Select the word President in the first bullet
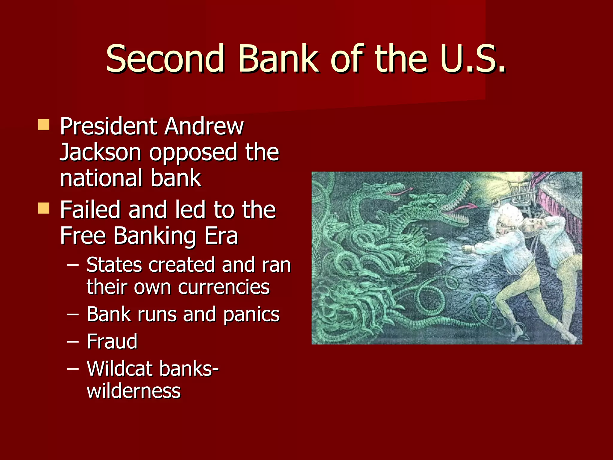pos(108,126)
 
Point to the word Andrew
pos(204,126)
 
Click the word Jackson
pos(100,152)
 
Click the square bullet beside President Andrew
pos(44,125)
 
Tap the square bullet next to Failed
pos(44,208)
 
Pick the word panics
pos(251,314)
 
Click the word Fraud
pos(112,341)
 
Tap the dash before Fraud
pos(73,341)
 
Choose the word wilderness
pos(133,391)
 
